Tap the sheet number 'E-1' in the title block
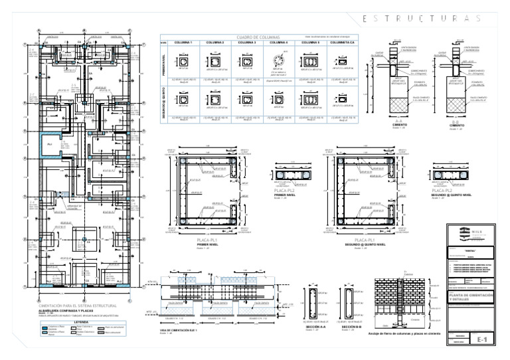pos(483,339)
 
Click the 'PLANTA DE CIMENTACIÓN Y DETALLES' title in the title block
pos(471,297)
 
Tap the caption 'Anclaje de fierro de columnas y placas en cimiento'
pos(405,333)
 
